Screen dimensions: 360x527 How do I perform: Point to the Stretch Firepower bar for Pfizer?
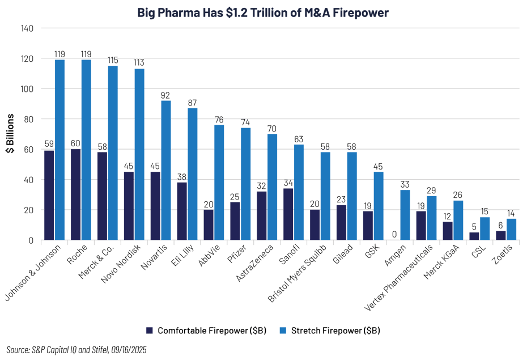click(246, 184)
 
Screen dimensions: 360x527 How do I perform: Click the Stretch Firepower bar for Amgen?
click(405, 215)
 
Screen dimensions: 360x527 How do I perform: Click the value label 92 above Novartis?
click(165, 95)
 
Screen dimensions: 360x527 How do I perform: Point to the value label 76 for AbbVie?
click(219, 120)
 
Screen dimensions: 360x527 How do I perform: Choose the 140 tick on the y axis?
click(28, 28)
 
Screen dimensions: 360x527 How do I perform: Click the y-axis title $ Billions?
click(11, 134)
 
